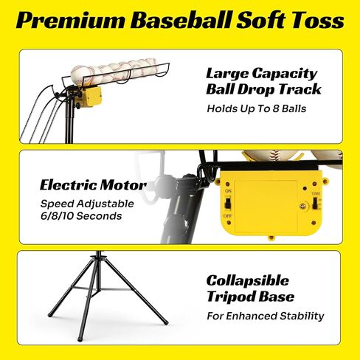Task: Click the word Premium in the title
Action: [70, 21]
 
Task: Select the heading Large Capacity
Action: [262, 74]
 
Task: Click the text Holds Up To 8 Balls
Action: [257, 108]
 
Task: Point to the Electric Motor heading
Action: [93, 185]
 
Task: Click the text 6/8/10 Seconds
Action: [81, 216]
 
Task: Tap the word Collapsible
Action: [248, 280]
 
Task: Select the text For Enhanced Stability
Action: [266, 316]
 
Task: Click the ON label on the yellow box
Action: [228, 191]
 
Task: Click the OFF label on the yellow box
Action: [228, 216]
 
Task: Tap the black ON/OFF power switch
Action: [228, 204]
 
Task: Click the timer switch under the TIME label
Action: [314, 204]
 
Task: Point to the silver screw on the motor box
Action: [303, 206]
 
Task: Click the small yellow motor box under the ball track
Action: [90, 97]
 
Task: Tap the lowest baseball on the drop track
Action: [80, 75]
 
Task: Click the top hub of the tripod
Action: [98, 257]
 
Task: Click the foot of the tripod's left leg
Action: [49, 315]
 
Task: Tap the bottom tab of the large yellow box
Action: [271, 238]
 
